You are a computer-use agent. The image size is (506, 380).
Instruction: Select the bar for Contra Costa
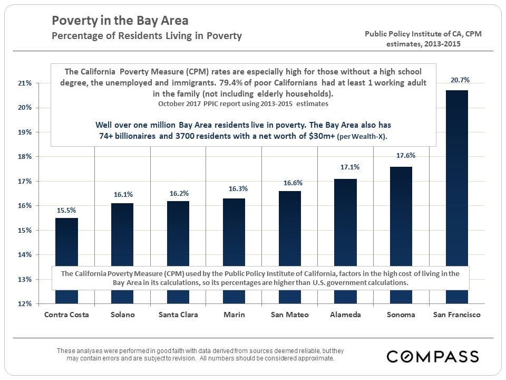point(66,243)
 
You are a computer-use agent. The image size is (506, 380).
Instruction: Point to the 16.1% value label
point(122,194)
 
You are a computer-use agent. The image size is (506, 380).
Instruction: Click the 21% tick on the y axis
point(25,83)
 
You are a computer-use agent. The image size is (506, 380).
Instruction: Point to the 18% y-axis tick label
point(25,157)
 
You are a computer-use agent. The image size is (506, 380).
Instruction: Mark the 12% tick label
point(25,304)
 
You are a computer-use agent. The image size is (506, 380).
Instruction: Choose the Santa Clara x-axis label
point(178,315)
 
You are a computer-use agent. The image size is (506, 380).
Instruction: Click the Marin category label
point(233,315)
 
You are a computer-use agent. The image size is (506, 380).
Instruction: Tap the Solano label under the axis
point(122,315)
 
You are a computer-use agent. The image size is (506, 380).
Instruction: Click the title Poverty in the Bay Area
point(120,21)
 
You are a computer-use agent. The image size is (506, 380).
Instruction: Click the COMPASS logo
point(433,356)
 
